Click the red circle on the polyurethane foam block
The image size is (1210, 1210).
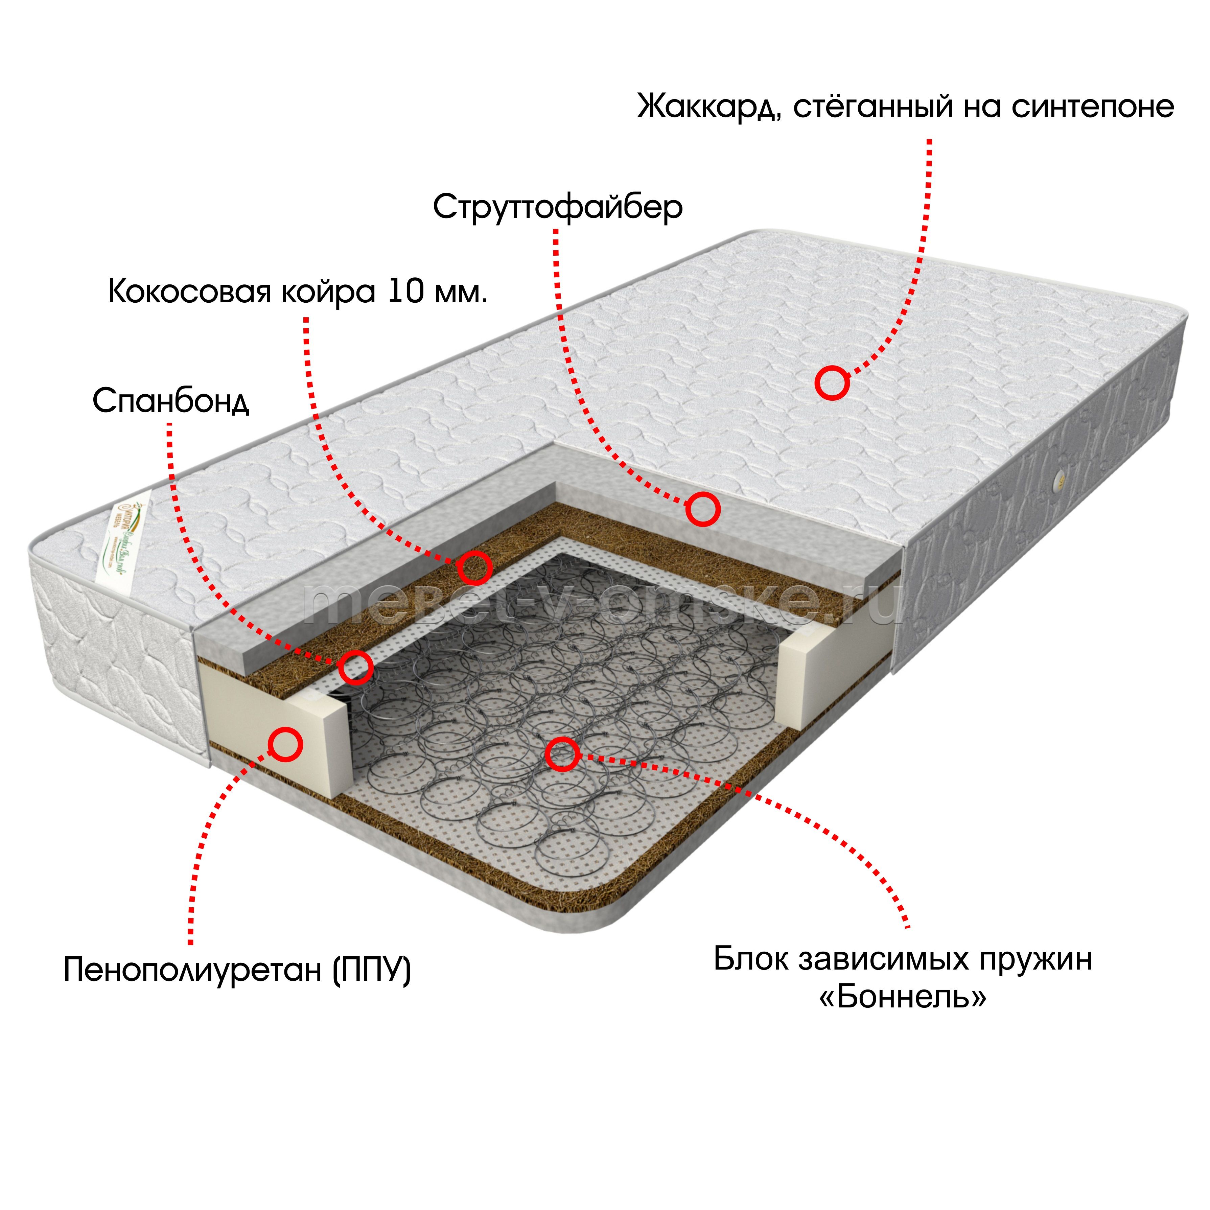click(285, 745)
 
